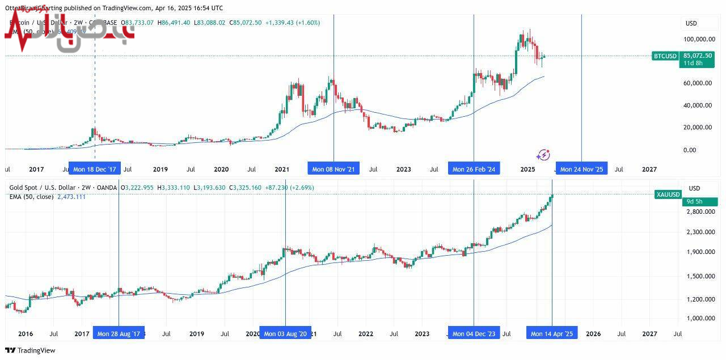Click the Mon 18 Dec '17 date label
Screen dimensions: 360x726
click(95, 169)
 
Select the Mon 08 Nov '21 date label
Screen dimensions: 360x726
click(334, 169)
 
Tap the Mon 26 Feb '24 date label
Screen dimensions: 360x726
click(474, 169)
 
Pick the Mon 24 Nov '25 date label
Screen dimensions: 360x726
click(581, 169)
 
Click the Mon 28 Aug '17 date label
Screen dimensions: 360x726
click(119, 334)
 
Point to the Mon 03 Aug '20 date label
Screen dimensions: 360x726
click(285, 334)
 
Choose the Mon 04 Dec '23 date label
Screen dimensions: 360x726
click(474, 334)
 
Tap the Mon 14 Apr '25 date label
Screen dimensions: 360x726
click(552, 334)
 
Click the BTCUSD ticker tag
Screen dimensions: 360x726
click(665, 56)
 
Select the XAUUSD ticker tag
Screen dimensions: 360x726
click(667, 194)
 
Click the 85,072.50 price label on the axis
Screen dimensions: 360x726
click(698, 56)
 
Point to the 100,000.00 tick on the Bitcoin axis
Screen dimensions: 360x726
click(698, 39)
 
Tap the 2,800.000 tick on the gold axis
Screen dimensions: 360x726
click(700, 211)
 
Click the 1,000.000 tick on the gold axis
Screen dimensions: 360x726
click(700, 318)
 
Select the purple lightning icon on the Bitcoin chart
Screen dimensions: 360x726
click(543, 155)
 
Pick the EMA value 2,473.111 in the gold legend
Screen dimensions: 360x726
click(71, 197)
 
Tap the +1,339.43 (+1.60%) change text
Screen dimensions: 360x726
click(293, 23)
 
